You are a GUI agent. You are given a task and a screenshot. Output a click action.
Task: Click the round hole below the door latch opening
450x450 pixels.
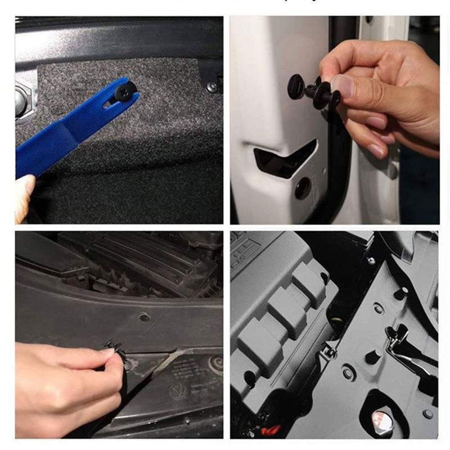click(303, 188)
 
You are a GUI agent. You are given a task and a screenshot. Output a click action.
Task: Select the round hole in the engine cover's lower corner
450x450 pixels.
click(249, 375)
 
